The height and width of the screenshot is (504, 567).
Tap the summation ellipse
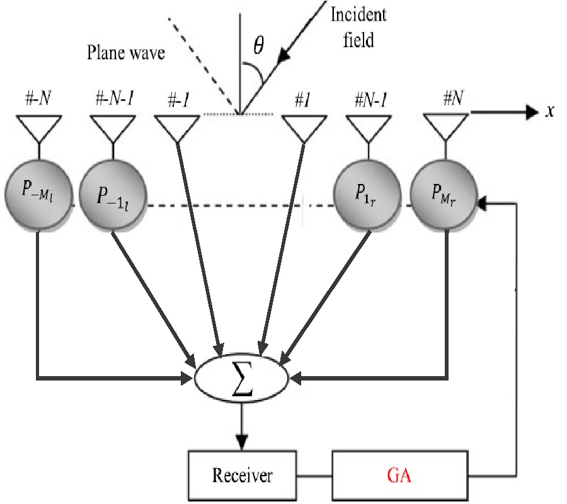[242, 379]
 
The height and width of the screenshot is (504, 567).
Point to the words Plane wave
[125, 53]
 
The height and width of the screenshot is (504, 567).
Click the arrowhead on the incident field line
[289, 55]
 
